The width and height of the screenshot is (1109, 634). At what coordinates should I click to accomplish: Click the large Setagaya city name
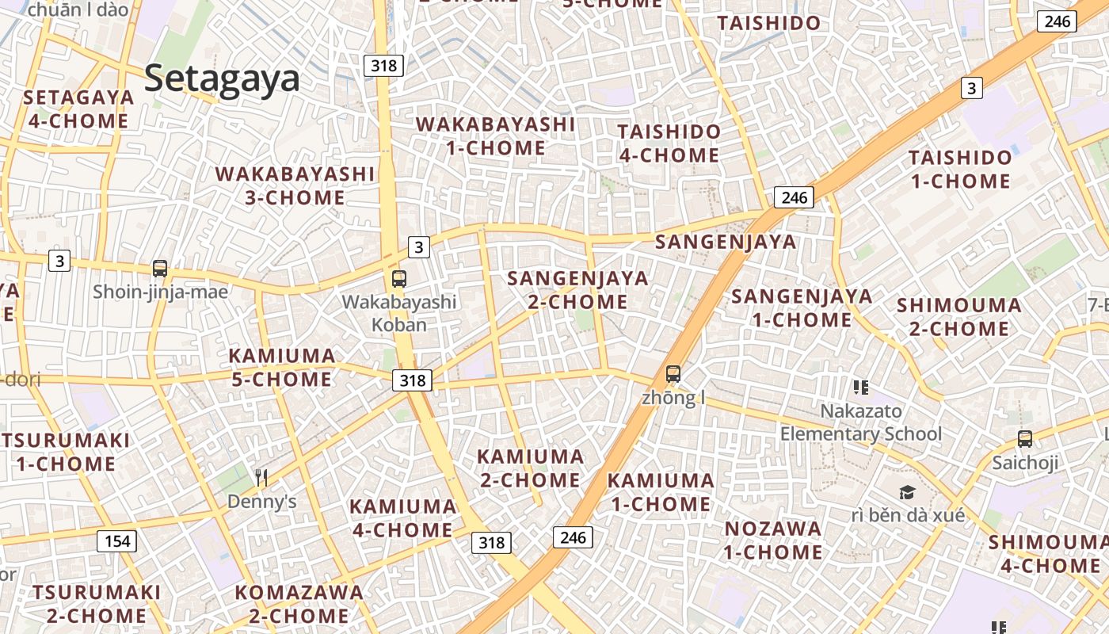[x=222, y=79]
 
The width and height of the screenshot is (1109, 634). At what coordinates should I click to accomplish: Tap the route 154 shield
[x=116, y=541]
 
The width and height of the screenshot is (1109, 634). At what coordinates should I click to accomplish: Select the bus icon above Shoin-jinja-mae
[x=160, y=269]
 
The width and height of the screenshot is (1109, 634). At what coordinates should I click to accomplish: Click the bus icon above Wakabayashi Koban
[x=398, y=279]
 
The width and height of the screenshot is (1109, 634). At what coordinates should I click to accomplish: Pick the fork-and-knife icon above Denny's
[x=261, y=477]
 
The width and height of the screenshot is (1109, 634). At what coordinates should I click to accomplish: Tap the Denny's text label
[x=261, y=502]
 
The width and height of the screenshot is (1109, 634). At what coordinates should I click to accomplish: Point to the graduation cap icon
[x=907, y=492]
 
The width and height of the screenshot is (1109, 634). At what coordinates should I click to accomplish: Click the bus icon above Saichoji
[x=1024, y=438]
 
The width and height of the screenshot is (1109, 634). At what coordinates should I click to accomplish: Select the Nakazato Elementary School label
[x=861, y=422]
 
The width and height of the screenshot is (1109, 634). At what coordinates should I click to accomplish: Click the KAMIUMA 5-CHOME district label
[x=281, y=368]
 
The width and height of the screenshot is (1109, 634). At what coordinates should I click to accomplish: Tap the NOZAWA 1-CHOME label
[x=773, y=540]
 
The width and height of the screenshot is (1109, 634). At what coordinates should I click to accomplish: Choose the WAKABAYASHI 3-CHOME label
[x=295, y=185]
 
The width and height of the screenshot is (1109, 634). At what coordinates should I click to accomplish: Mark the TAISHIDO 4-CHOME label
[x=669, y=143]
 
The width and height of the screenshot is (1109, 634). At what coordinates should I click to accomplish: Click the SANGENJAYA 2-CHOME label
[x=577, y=290]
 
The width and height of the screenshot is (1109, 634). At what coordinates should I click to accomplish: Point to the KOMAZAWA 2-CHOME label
[x=299, y=604]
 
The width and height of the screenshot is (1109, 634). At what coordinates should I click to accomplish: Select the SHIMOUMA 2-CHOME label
[x=958, y=316]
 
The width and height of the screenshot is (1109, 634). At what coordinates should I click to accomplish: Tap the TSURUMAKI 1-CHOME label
[x=66, y=452]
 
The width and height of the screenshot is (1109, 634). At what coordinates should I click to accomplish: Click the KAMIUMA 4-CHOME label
[x=402, y=518]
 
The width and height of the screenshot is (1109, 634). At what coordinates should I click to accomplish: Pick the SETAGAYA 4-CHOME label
[x=78, y=109]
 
